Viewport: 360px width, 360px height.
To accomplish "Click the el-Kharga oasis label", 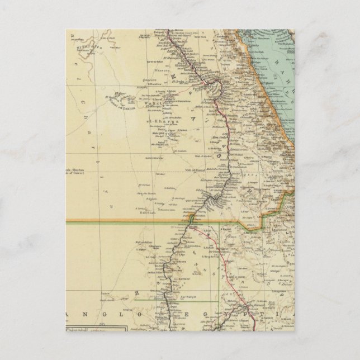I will (x=166, y=121).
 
